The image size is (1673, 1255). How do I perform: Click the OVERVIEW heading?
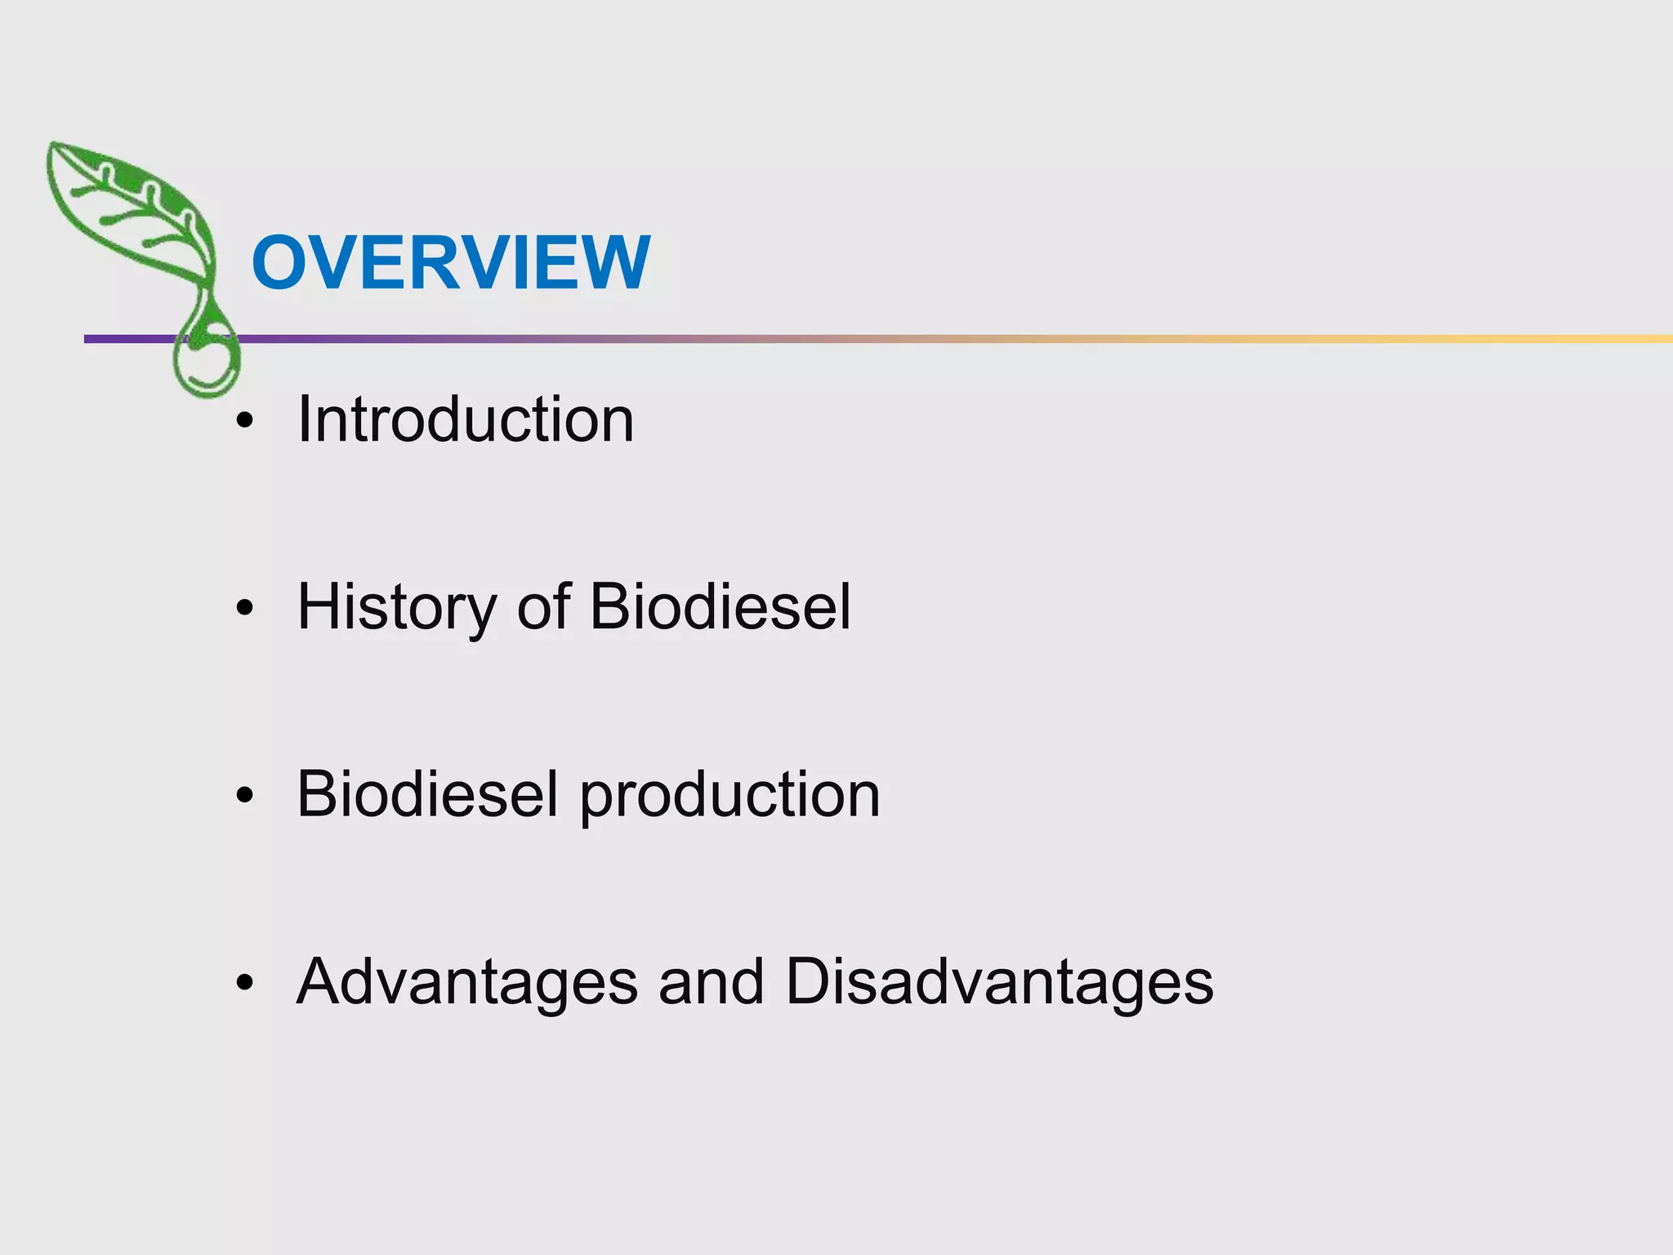(451, 262)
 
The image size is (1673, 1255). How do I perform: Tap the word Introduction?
(466, 420)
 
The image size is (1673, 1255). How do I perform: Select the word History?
(396, 608)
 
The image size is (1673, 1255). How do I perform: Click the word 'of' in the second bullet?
(543, 608)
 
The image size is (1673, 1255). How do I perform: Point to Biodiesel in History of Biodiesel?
(720, 608)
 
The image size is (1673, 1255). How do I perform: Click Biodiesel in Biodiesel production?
(427, 794)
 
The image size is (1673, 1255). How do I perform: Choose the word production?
(730, 796)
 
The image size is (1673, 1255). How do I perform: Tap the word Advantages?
(466, 982)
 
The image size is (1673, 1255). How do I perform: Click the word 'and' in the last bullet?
(712, 982)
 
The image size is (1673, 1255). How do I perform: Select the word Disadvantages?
(999, 982)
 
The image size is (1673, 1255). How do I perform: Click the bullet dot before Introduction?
(244, 422)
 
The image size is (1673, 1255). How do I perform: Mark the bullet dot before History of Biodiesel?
(244, 609)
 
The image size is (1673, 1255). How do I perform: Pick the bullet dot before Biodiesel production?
(244, 796)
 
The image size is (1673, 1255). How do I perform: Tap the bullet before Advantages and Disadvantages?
(244, 983)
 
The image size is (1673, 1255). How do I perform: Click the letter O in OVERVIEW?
(279, 262)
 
